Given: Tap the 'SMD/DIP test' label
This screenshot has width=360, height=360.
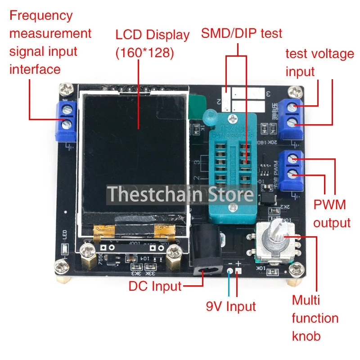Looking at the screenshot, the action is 241,33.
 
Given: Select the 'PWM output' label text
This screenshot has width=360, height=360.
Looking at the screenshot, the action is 332,214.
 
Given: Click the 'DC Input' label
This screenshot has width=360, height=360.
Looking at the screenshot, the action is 155,286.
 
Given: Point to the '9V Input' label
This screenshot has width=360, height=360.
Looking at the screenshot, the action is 230,306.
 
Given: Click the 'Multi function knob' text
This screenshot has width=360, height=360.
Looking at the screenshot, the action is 315,318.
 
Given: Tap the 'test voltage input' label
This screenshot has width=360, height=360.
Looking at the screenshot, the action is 319,63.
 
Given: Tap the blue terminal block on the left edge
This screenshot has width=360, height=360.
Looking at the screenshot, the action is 66,121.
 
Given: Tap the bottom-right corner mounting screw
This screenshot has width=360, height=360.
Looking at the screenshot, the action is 297,270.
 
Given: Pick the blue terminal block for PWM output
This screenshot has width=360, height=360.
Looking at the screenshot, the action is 291,170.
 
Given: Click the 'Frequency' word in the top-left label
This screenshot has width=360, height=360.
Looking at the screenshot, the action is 41,15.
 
